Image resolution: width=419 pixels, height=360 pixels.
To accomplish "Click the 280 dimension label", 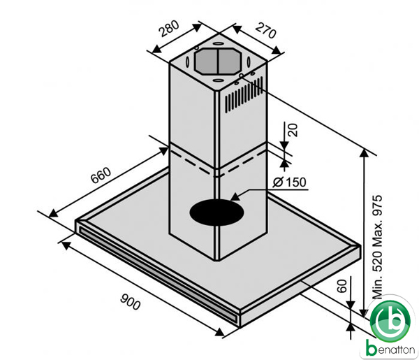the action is pos(169,29).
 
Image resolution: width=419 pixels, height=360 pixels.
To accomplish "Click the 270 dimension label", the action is pos(265,30).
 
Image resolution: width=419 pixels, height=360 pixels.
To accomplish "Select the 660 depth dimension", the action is pos(101,175).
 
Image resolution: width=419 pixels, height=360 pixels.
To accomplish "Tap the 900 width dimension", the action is pos(130,301).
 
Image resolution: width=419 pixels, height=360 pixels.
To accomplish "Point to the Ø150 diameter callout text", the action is pos(290,182).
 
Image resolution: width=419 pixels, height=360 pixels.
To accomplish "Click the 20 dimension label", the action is pos(293,130).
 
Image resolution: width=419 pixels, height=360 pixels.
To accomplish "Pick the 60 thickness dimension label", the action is pos(341,286).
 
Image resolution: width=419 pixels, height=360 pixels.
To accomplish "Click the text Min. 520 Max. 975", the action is pos(378,247).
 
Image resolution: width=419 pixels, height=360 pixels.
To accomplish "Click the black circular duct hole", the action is pos(216,213).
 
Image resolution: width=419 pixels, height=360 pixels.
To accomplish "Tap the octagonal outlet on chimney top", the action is pos(218,62).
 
